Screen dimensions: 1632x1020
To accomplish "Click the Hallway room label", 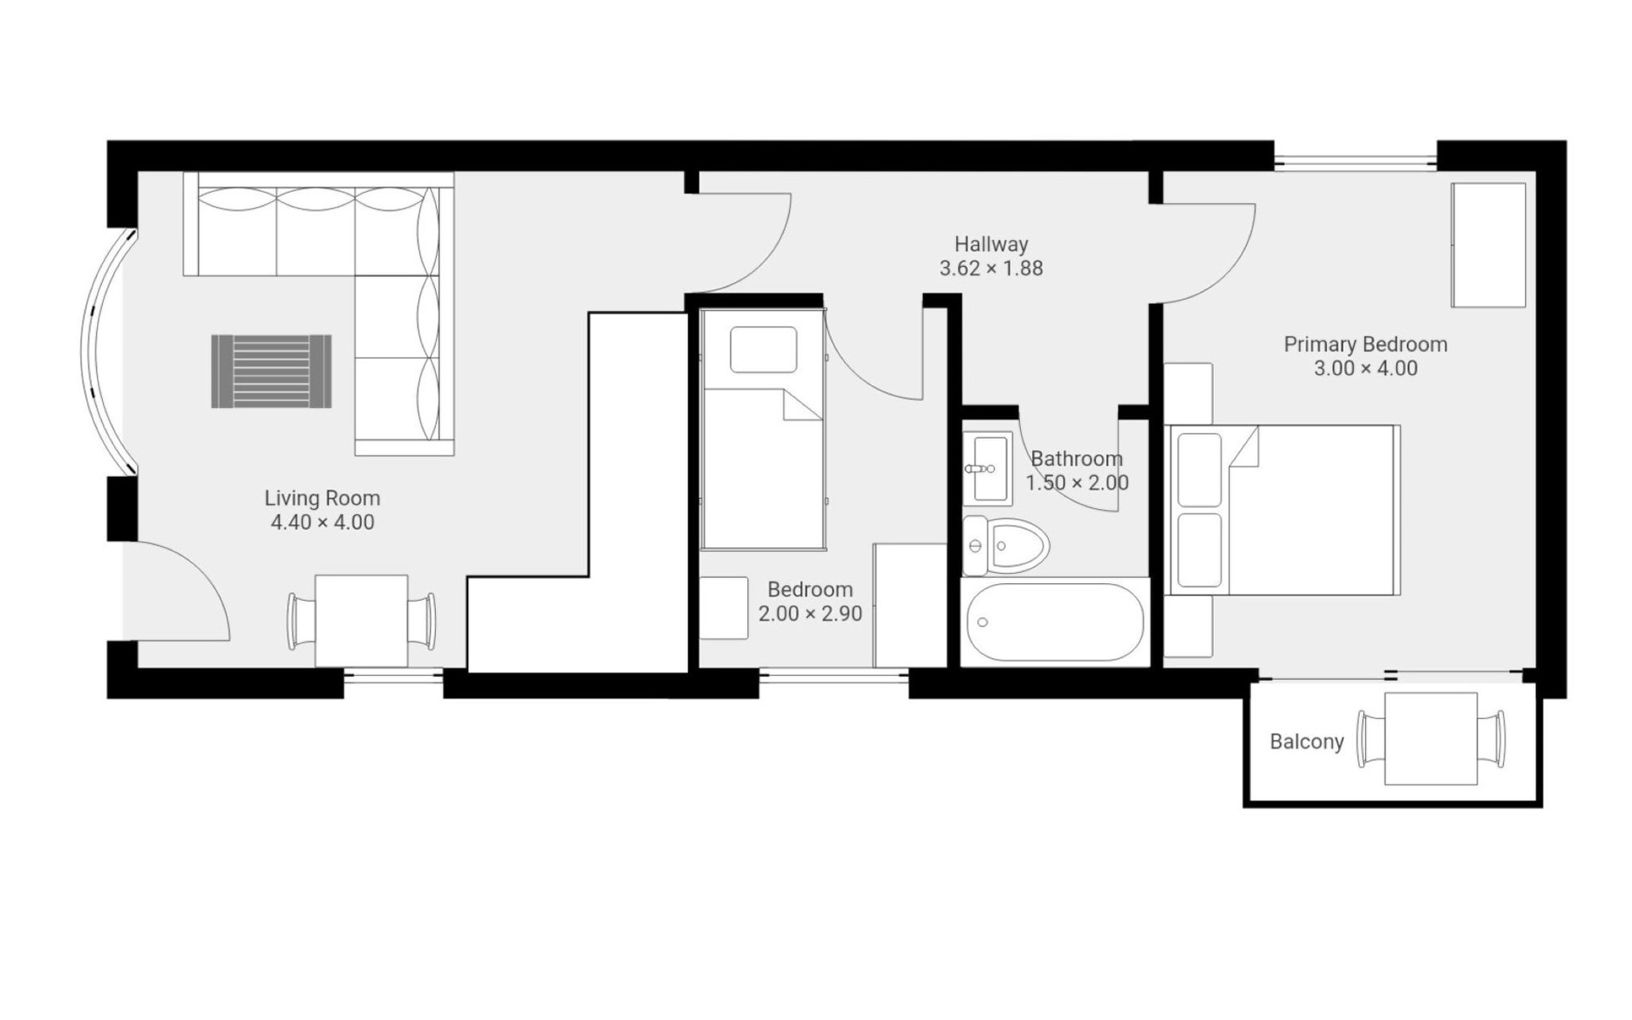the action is pyautogui.click(x=991, y=244).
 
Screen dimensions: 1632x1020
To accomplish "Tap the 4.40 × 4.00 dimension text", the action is pyautogui.click(x=322, y=522).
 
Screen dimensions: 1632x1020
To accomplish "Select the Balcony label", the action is pyautogui.click(x=1306, y=742).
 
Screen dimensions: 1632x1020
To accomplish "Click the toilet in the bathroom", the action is pyautogui.click(x=1006, y=546).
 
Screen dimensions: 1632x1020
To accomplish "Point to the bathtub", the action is pyautogui.click(x=1055, y=622).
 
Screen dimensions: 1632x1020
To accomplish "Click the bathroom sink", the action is pyautogui.click(x=987, y=468).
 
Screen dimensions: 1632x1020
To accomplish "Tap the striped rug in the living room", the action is pyautogui.click(x=271, y=371).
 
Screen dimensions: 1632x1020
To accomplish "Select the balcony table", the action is pyautogui.click(x=1431, y=739).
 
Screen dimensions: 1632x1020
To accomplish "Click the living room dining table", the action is pyautogui.click(x=361, y=621).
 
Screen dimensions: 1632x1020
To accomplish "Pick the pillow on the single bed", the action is pyautogui.click(x=763, y=349).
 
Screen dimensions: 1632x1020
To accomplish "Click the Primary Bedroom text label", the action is pyautogui.click(x=1365, y=344).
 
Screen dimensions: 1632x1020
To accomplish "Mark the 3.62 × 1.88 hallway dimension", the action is pyautogui.click(x=991, y=269).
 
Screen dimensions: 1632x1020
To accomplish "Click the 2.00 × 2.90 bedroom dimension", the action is pyautogui.click(x=810, y=614).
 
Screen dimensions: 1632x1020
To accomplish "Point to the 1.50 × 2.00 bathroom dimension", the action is pyautogui.click(x=1077, y=483).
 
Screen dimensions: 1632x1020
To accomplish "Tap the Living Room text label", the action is pyautogui.click(x=322, y=498).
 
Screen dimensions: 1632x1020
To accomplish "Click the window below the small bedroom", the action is pyautogui.click(x=834, y=677).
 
